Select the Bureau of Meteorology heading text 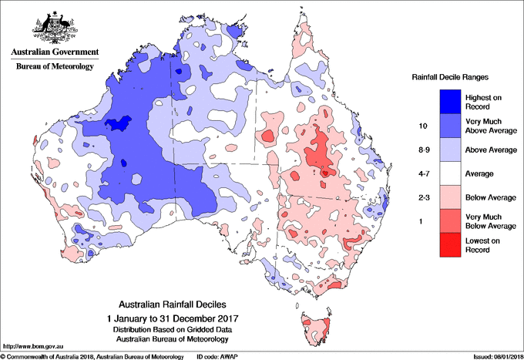point(54,67)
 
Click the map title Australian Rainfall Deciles point(173,304)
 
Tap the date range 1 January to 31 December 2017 point(173,318)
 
